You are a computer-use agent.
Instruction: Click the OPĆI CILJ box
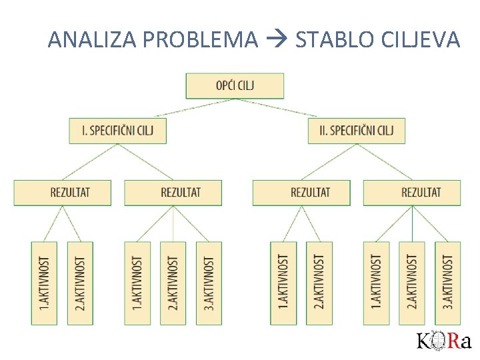tap(235, 85)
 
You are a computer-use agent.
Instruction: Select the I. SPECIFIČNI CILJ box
tap(117, 131)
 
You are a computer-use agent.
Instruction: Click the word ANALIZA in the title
tap(93, 41)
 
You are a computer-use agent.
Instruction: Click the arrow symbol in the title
tap(276, 41)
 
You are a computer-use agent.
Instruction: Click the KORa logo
tap(444, 341)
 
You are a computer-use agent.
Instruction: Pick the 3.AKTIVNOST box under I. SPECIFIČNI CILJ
tap(209, 283)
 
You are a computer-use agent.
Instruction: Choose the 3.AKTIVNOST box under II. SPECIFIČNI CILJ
tap(448, 283)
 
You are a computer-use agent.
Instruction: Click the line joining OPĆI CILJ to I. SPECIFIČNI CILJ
tap(177, 109)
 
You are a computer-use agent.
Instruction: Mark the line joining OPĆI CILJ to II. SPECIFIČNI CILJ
tap(293, 109)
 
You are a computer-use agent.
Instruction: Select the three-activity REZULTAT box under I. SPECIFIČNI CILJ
tap(173, 193)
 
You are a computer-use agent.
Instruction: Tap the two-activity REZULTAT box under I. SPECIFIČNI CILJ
tap(63, 193)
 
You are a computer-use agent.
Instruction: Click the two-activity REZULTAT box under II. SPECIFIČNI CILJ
tap(301, 193)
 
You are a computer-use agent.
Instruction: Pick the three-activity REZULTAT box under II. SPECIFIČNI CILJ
tap(412, 193)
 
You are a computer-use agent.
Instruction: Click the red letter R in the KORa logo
tap(453, 341)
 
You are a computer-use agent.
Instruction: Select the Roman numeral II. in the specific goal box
tap(323, 131)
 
